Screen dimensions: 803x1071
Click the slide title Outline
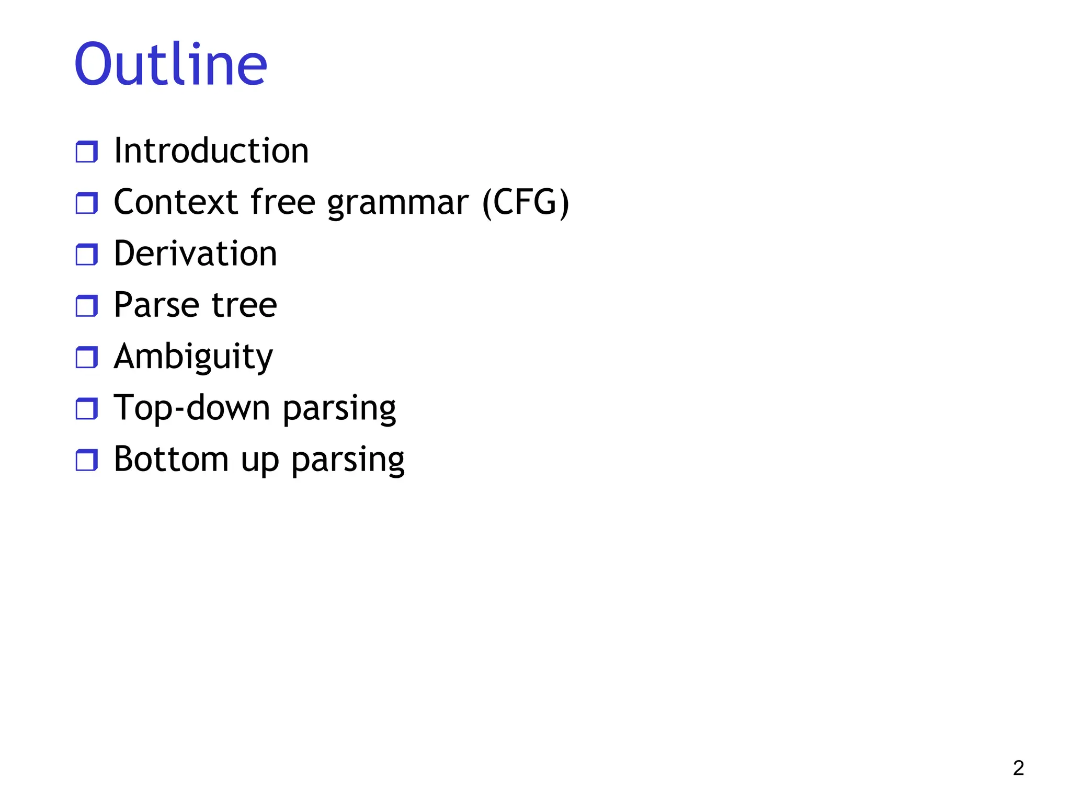pyautogui.click(x=171, y=65)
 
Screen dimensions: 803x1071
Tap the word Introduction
pyautogui.click(x=211, y=151)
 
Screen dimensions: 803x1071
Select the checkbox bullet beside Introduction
pyautogui.click(x=87, y=152)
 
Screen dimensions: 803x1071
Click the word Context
pyautogui.click(x=176, y=202)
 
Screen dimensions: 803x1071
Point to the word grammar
pyautogui.click(x=398, y=204)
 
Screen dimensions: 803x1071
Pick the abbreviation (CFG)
pyautogui.click(x=525, y=203)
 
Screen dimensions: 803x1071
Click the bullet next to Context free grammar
pyautogui.click(x=87, y=203)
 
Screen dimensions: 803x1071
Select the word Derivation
pyautogui.click(x=195, y=254)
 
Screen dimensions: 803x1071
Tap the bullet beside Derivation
pyautogui.click(x=87, y=255)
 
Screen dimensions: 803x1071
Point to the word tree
pyautogui.click(x=244, y=305)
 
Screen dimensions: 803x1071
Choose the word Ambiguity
pyautogui.click(x=193, y=358)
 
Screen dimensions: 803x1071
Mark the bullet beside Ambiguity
pyautogui.click(x=87, y=358)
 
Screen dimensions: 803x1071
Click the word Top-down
pyautogui.click(x=192, y=408)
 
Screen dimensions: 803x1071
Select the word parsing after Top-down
pyautogui.click(x=339, y=409)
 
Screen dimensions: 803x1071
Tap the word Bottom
pyautogui.click(x=171, y=460)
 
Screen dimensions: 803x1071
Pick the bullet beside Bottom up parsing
pyautogui.click(x=87, y=460)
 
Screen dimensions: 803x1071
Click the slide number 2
pyautogui.click(x=1018, y=768)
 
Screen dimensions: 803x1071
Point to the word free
pyautogui.click(x=283, y=202)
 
